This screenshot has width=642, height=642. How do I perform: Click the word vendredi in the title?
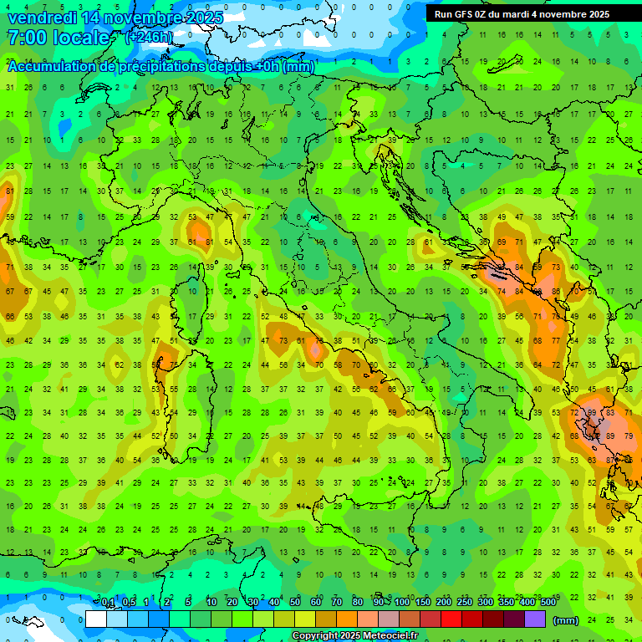tap(39, 18)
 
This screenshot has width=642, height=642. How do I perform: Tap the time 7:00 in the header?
tap(26, 38)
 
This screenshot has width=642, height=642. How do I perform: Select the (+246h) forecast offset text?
tap(150, 38)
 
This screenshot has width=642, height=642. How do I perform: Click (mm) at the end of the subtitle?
tap(298, 67)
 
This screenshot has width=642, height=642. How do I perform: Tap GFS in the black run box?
tap(463, 14)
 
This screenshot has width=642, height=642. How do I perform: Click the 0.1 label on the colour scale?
tap(108, 603)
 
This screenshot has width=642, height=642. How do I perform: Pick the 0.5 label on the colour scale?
tap(129, 603)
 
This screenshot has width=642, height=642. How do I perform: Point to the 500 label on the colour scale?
tap(548, 603)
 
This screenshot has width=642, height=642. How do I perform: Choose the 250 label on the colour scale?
tap(465, 603)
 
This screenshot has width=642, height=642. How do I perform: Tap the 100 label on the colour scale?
tap(402, 603)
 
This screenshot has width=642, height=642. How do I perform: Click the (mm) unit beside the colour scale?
tap(566, 620)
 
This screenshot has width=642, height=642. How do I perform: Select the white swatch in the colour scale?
tap(96, 619)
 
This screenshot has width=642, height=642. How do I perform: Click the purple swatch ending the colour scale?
tap(535, 619)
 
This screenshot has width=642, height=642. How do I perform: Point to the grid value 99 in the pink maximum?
tap(593, 413)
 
